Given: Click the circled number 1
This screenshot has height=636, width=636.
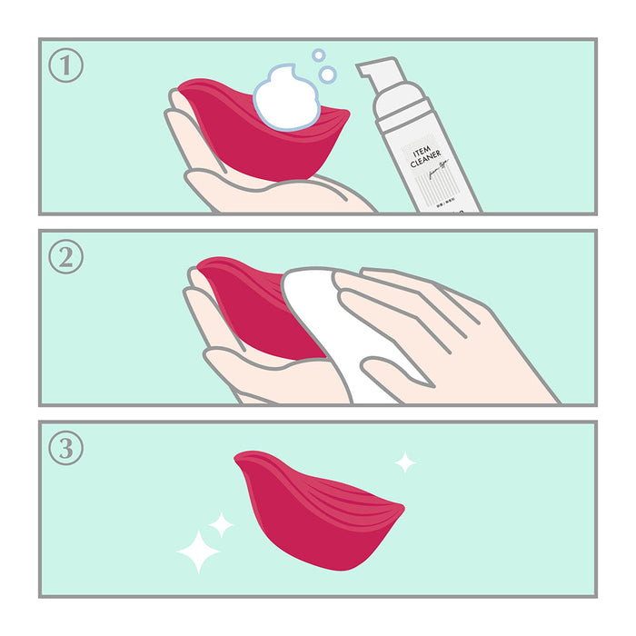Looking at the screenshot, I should click(65, 65).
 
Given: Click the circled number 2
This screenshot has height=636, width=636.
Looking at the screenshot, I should click(65, 256).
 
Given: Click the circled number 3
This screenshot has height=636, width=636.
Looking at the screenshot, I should click(65, 447).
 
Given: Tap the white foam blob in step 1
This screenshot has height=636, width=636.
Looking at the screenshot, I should click(286, 98).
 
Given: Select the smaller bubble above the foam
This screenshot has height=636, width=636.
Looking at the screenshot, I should click(318, 55).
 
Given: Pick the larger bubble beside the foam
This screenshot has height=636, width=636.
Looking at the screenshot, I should click(328, 74).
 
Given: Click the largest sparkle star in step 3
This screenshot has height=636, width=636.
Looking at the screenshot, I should click(198, 551).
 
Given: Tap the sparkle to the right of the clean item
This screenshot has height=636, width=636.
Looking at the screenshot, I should click(405, 462).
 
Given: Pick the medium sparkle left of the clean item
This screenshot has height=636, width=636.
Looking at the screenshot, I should click(221, 523).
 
